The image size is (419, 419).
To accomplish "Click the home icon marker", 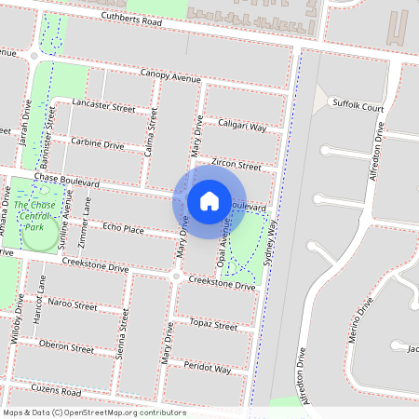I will pyautogui.click(x=209, y=201).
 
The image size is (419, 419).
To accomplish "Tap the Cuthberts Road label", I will pyautogui.click(x=132, y=20).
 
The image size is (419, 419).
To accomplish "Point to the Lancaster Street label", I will pyautogui.click(x=103, y=106).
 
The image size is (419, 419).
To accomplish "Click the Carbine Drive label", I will pyautogui.click(x=98, y=144).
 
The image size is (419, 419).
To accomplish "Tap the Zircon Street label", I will pyautogui.click(x=237, y=164).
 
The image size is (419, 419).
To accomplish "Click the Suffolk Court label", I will pyautogui.click(x=358, y=107).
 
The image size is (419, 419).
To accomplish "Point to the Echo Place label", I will pyautogui.click(x=123, y=228).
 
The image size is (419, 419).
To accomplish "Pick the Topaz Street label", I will pyautogui.click(x=213, y=325).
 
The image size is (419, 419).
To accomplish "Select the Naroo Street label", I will pyautogui.click(x=73, y=304).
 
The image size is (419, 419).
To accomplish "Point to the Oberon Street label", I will pyautogui.click(x=67, y=348).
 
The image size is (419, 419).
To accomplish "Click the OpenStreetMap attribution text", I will pyautogui.click(x=93, y=412).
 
